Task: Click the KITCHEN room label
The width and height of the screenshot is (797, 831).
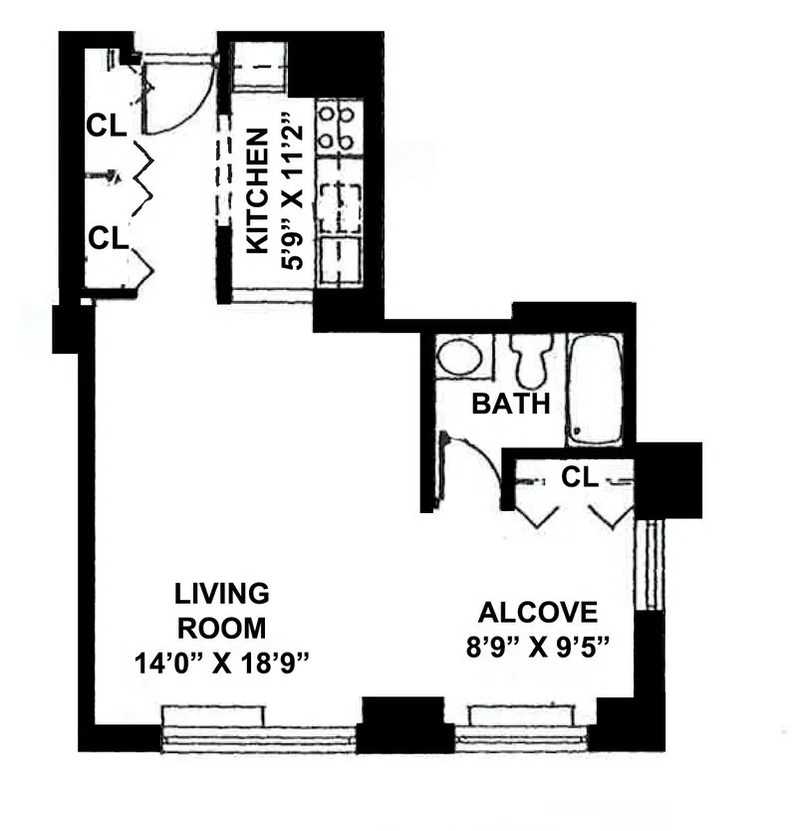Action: coord(257,190)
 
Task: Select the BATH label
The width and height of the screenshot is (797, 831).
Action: coord(511,404)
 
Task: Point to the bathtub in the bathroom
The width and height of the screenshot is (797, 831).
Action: coord(595,389)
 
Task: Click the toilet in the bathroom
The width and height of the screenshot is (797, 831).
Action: coord(531,358)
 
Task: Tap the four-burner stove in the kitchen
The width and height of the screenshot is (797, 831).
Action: coord(337,128)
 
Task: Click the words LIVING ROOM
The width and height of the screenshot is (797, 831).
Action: coord(221,611)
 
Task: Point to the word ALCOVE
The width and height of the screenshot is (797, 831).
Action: coord(538,611)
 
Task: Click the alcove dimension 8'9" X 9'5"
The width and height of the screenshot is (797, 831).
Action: coord(537,644)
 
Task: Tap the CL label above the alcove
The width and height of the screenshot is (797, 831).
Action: coord(579,477)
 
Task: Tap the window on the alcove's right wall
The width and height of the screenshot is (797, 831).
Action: coord(649,564)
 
